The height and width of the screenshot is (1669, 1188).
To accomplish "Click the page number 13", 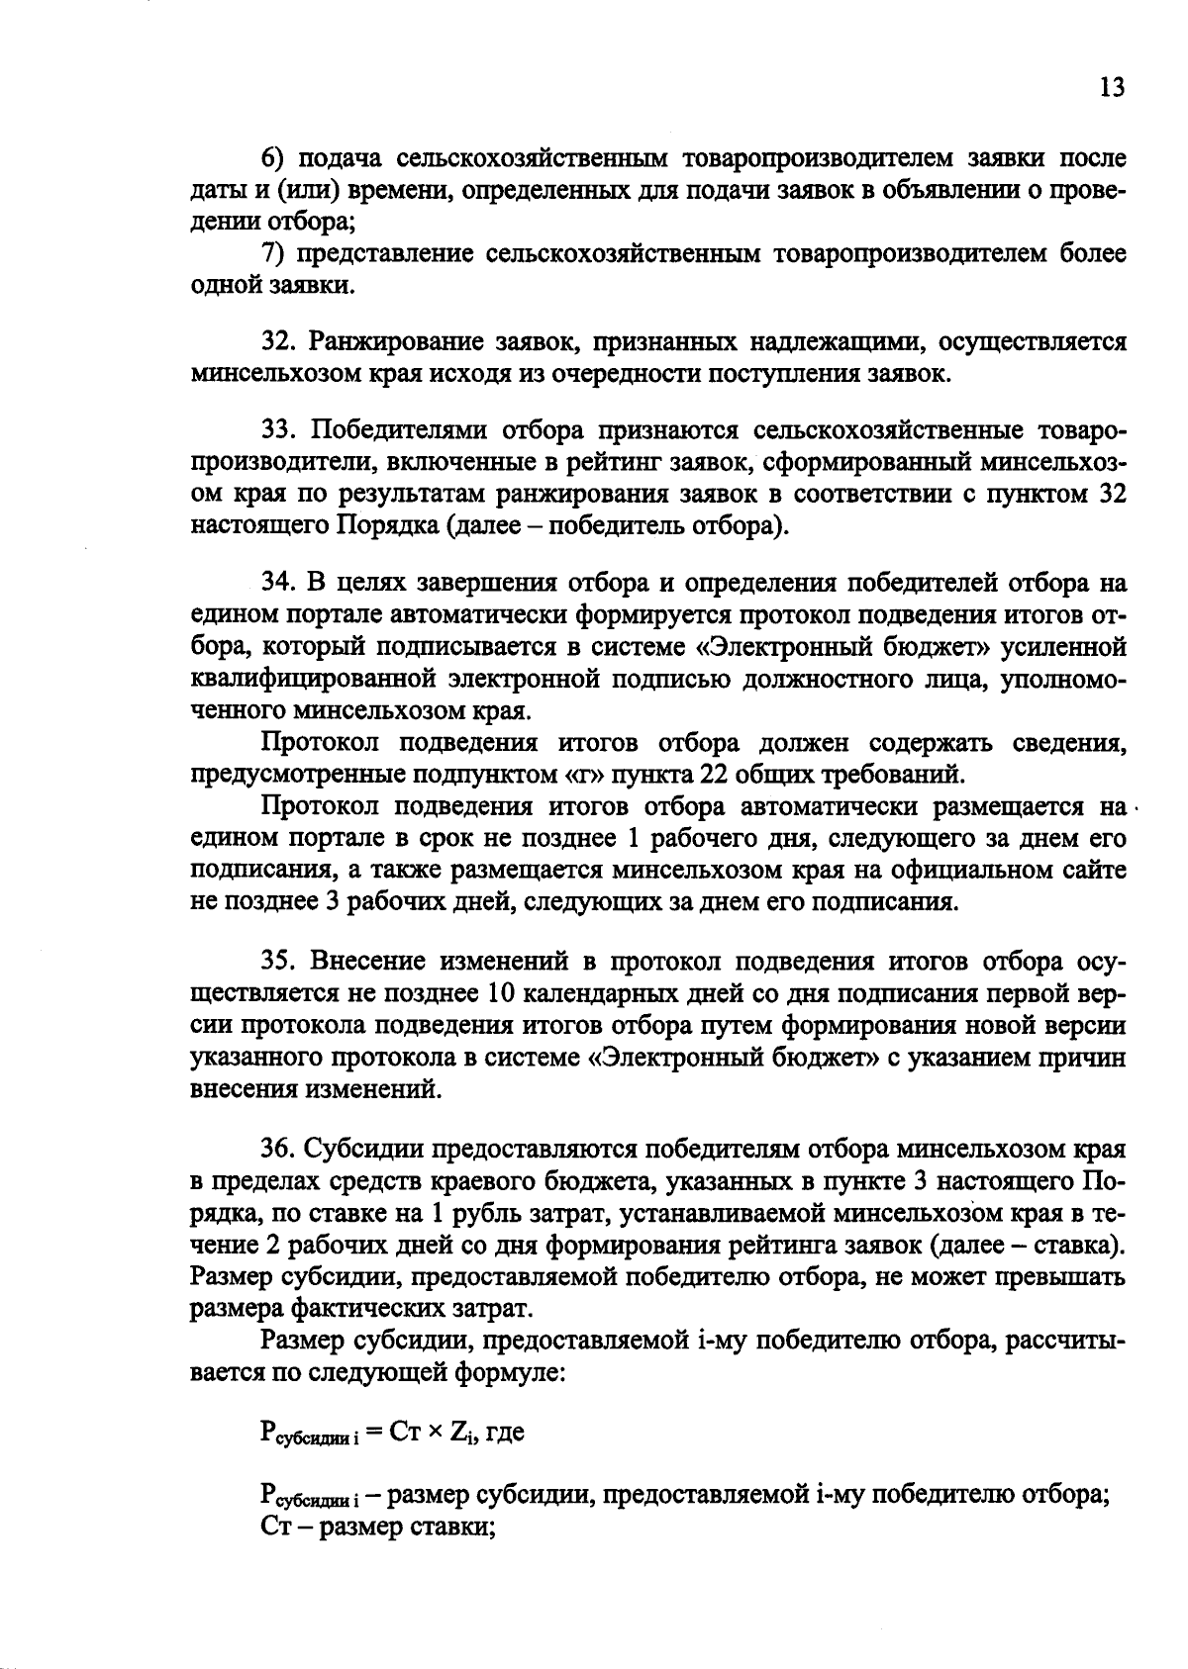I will click(1112, 89).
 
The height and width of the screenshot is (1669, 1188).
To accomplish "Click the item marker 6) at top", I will click(273, 158).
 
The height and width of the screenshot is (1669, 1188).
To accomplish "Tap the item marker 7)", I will click(273, 254).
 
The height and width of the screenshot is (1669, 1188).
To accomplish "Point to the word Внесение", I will click(367, 962).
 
